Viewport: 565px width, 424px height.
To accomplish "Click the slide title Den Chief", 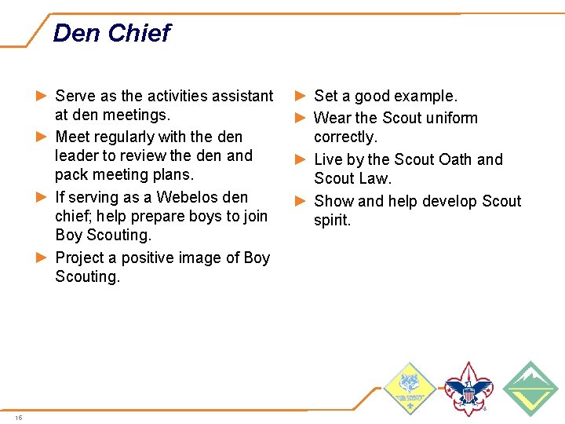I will pyautogui.click(x=111, y=33).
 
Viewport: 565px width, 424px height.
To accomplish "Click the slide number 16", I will pyautogui.click(x=19, y=417).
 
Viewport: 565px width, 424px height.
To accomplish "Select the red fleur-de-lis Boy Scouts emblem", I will pyautogui.click(x=468, y=388).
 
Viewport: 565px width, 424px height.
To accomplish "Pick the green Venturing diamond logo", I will pyautogui.click(x=530, y=388).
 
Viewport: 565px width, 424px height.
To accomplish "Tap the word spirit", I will pyautogui.click(x=333, y=220).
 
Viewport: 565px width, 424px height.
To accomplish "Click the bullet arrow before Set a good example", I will pyautogui.click(x=300, y=96).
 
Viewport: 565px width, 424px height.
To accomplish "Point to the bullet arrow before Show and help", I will pyautogui.click(x=300, y=201).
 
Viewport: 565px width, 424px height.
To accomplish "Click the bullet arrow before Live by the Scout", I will pyautogui.click(x=300, y=159).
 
